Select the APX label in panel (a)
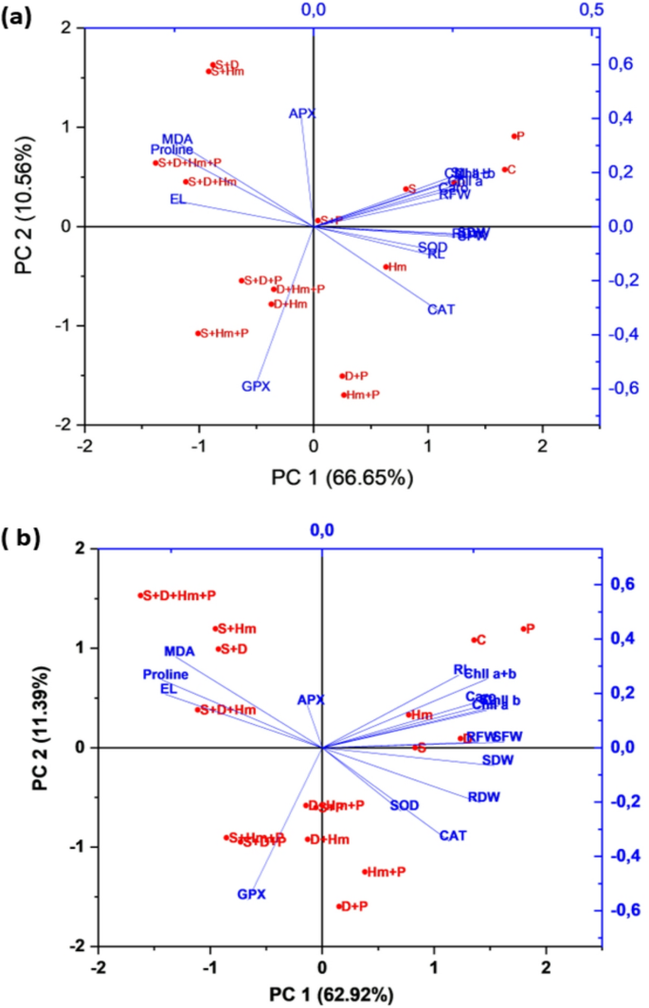pyautogui.click(x=302, y=114)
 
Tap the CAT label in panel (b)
pyautogui.click(x=453, y=836)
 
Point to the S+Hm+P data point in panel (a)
pyautogui.click(x=198, y=333)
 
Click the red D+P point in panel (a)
pyautogui.click(x=342, y=376)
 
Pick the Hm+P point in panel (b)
pyautogui.click(x=364, y=872)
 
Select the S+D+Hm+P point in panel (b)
pyautogui.click(x=140, y=595)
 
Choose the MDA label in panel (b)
pyautogui.click(x=179, y=651)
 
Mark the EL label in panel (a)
pyautogui.click(x=178, y=199)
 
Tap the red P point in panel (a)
pyautogui.click(x=513, y=136)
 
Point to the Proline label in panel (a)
pyautogui.click(x=171, y=150)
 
